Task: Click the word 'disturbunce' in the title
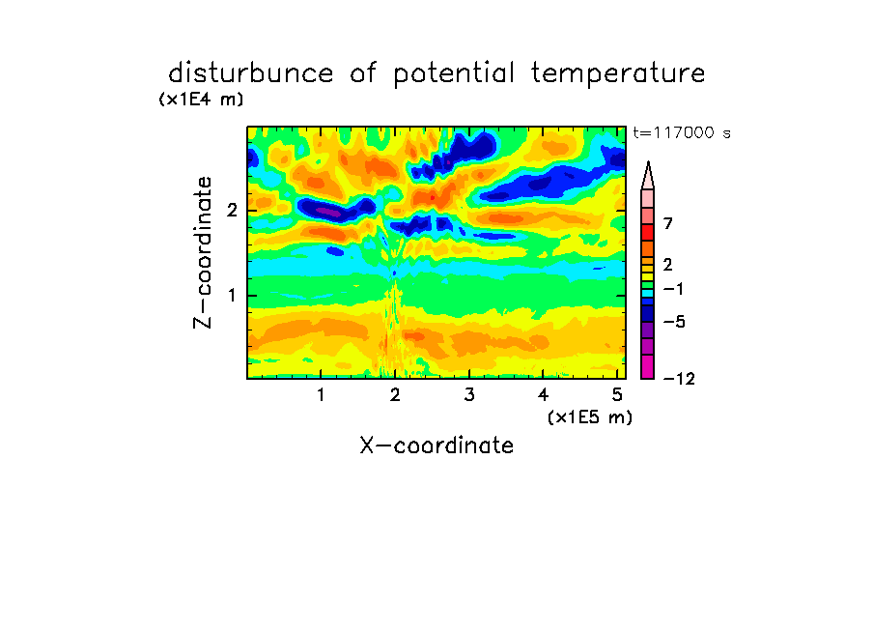coord(251,72)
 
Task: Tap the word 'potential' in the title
coord(454,74)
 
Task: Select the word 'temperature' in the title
coord(618,73)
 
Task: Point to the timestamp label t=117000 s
coord(682,132)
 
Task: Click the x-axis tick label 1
coord(322,395)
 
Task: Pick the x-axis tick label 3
coord(469,395)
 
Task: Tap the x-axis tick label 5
coord(617,395)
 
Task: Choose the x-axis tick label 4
coord(543,395)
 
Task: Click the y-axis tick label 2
coord(232,211)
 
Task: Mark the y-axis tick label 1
coord(232,296)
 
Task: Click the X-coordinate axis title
coord(436,445)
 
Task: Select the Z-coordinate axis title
coord(203,252)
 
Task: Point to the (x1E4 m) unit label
coord(201,100)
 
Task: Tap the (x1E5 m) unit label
coord(590,417)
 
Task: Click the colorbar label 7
coord(668,224)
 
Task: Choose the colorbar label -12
coord(679,379)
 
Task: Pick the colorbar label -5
coord(674,322)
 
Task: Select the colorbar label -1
coord(673,289)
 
